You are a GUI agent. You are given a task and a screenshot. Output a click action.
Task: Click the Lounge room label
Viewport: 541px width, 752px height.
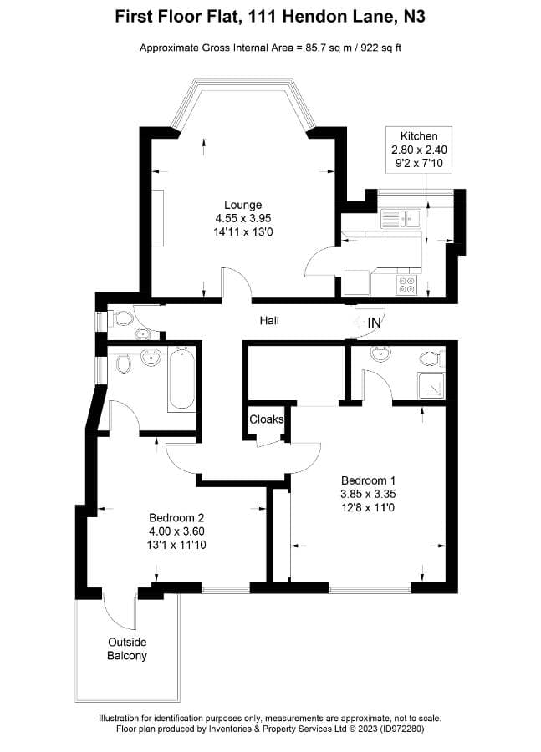coord(242,205)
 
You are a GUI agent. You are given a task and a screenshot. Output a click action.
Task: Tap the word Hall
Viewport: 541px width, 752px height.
coord(269,320)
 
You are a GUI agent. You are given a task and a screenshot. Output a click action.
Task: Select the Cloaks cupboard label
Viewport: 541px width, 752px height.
coord(267,419)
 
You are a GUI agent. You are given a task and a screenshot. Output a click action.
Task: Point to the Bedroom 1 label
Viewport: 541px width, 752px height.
coord(368,480)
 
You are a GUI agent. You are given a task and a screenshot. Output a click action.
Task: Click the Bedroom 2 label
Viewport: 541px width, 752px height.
coord(176,517)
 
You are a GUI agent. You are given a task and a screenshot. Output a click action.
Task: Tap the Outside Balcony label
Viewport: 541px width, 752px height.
coord(127,648)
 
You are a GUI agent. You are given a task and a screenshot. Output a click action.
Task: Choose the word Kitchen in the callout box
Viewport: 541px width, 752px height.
coord(419,136)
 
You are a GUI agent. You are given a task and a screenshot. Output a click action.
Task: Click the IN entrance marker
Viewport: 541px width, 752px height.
coord(374,322)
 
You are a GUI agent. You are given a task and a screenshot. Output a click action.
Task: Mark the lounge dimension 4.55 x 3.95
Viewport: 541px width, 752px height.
coord(242,218)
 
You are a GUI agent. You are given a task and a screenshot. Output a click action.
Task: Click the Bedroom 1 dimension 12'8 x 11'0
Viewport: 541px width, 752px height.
coord(368,507)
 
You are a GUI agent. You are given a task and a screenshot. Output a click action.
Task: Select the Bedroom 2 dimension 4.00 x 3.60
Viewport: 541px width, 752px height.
coord(176,531)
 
